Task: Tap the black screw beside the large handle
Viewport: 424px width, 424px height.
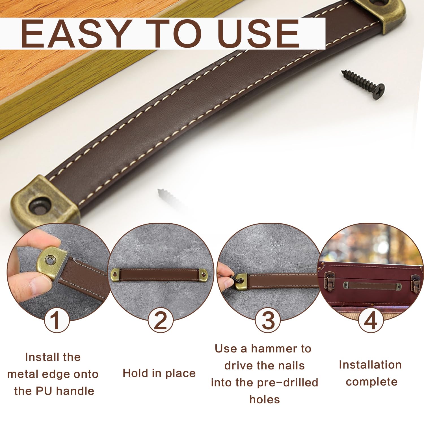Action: point(363,85)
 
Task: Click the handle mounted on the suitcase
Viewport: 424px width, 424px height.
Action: point(372,286)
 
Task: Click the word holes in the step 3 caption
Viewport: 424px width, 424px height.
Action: point(265,400)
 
